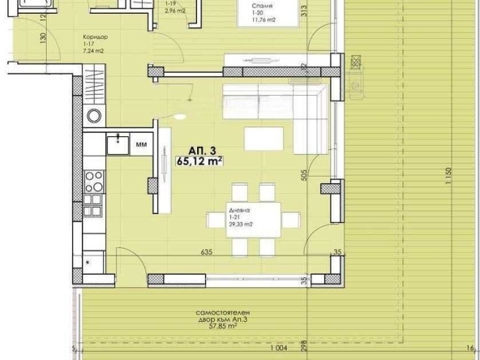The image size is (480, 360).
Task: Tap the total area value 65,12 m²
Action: pyautogui.click(x=199, y=161)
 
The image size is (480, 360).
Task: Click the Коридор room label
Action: pyautogui.click(x=96, y=37)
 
